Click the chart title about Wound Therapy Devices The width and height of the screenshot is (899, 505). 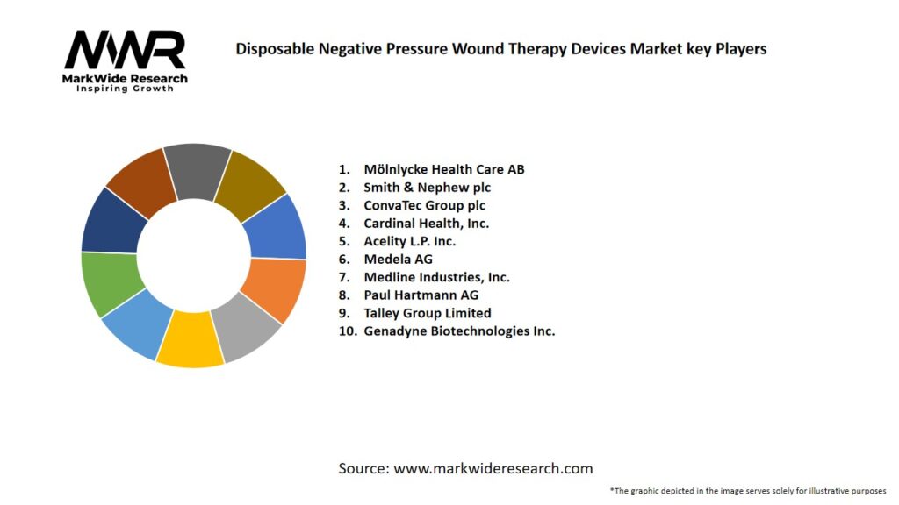(500, 49)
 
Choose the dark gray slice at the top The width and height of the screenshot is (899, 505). (197, 169)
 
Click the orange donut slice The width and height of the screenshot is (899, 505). (273, 289)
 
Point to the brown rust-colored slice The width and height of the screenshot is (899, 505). (140, 181)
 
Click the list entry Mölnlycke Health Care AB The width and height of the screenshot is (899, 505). (443, 169)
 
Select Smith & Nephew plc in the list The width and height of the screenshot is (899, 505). (427, 188)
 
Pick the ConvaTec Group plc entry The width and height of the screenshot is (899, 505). (424, 205)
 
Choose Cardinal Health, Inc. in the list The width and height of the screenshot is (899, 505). (426, 224)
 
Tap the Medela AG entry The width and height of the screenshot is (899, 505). (398, 259)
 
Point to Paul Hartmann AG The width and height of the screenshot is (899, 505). (421, 295)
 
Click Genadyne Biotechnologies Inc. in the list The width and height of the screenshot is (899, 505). (459, 331)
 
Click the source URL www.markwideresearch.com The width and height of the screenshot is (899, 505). (493, 468)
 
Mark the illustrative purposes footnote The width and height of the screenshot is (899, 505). (748, 490)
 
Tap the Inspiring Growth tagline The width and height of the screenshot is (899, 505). (126, 89)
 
